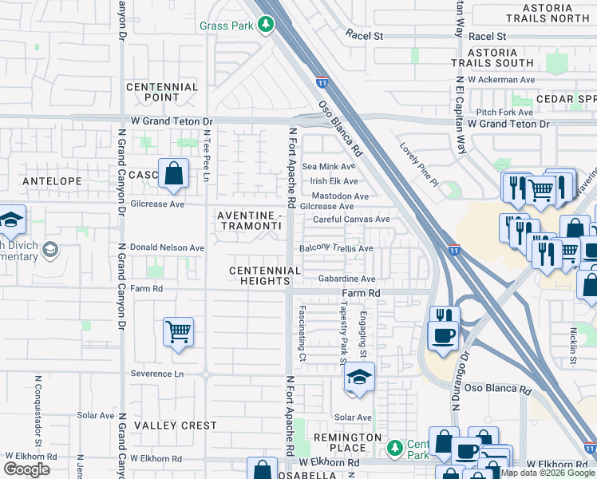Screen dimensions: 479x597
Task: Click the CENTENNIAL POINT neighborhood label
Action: pyautogui.click(x=162, y=92)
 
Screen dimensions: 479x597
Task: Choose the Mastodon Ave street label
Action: pyautogui.click(x=340, y=196)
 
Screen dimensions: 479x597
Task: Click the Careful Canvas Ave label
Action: pyautogui.click(x=351, y=219)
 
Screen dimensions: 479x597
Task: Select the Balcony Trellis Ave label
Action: pyautogui.click(x=336, y=248)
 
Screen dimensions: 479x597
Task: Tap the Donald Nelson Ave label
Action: pyautogui.click(x=168, y=247)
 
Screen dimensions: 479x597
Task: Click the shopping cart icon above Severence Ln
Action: pyautogui.click(x=177, y=331)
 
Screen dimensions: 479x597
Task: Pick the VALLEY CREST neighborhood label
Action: pyautogui.click(x=176, y=426)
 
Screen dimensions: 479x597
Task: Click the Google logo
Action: pyautogui.click(x=26, y=469)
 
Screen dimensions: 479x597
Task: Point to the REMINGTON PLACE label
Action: pyautogui.click(x=347, y=443)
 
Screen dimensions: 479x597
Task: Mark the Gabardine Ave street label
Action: pyautogui.click(x=346, y=279)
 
